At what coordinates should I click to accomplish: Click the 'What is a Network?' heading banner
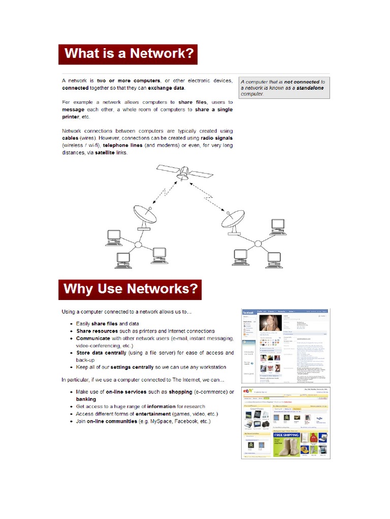(x=127, y=54)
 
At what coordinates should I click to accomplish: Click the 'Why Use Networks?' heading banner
(x=130, y=289)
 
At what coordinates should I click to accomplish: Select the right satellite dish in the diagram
(x=233, y=221)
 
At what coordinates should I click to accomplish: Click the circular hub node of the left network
(x=138, y=245)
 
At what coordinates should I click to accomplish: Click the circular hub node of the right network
(x=257, y=244)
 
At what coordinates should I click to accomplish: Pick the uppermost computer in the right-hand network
(x=278, y=226)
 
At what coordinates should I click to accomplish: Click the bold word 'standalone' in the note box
(x=308, y=88)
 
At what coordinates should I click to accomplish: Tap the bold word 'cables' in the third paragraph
(x=70, y=138)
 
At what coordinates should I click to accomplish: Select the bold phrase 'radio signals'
(x=216, y=138)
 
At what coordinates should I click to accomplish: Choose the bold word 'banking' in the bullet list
(x=86, y=399)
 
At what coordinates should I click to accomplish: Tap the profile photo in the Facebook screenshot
(x=270, y=324)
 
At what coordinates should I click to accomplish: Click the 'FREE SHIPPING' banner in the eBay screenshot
(x=286, y=434)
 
